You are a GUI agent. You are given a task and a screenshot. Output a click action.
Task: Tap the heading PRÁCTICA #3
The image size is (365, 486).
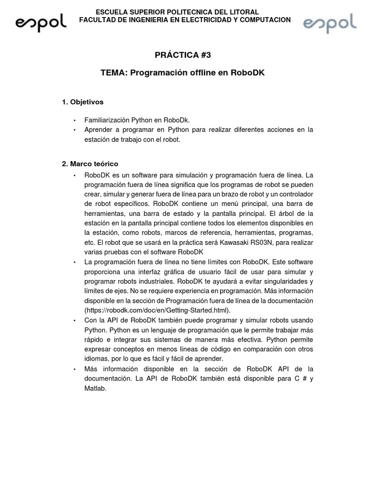(x=182, y=55)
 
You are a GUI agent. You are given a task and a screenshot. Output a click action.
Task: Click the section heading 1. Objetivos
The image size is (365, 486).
(x=83, y=102)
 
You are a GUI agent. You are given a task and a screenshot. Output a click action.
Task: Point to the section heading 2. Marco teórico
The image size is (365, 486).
(x=90, y=164)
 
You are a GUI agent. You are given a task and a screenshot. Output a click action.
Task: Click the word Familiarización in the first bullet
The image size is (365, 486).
(x=107, y=121)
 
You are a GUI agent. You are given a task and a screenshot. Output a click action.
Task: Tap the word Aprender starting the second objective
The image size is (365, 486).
(x=97, y=130)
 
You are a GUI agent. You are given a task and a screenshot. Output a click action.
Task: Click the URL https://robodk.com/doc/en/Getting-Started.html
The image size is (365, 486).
(x=157, y=310)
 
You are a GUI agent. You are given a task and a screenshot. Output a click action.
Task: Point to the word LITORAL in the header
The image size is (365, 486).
(x=244, y=12)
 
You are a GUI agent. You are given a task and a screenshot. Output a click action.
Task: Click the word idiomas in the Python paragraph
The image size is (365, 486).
(x=96, y=359)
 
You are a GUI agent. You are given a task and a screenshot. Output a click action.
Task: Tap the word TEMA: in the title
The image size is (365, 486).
(x=114, y=73)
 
